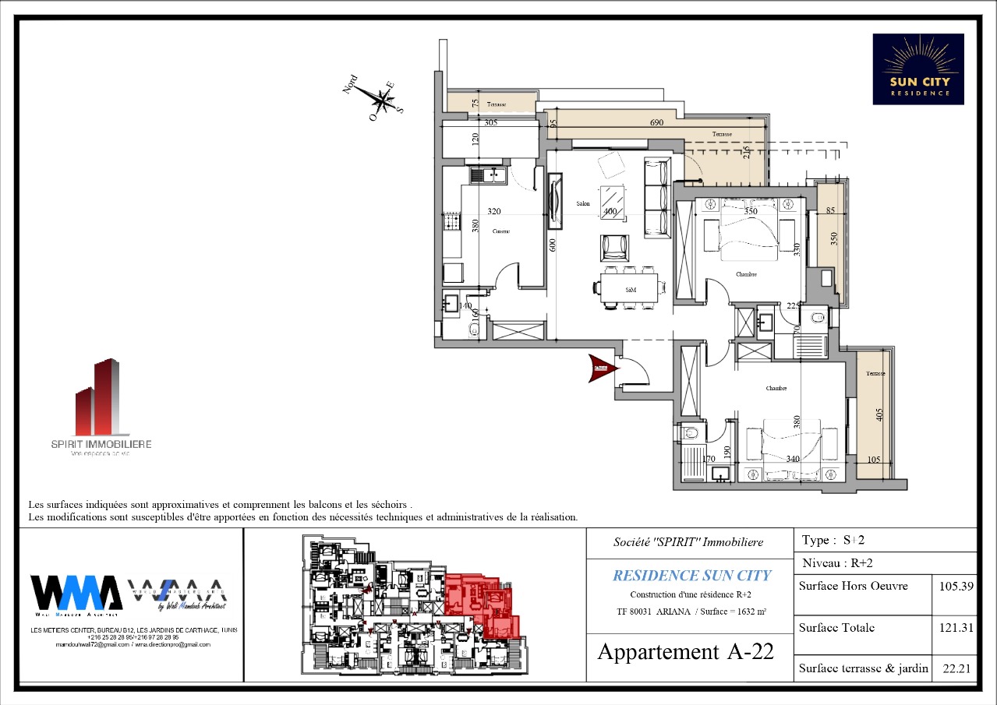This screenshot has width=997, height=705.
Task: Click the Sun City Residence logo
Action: tap(917, 69)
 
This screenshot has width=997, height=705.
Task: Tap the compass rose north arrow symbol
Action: tap(381, 99)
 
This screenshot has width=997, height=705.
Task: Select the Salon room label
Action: tap(582, 204)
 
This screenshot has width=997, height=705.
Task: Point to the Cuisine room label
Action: tap(500, 231)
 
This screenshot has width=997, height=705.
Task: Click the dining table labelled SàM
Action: tap(631, 288)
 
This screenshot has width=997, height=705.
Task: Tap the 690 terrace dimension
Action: tap(656, 123)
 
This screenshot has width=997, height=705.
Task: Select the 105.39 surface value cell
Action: tap(954, 586)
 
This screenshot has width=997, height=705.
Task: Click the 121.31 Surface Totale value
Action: tap(954, 628)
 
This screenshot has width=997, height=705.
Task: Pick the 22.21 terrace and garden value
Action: tap(954, 668)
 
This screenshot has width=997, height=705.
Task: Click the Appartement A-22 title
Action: tap(685, 652)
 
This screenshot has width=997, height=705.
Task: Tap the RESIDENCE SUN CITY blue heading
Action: tap(691, 576)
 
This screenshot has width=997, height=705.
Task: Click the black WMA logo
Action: tap(76, 594)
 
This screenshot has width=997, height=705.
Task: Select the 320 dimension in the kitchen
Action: tap(493, 211)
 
